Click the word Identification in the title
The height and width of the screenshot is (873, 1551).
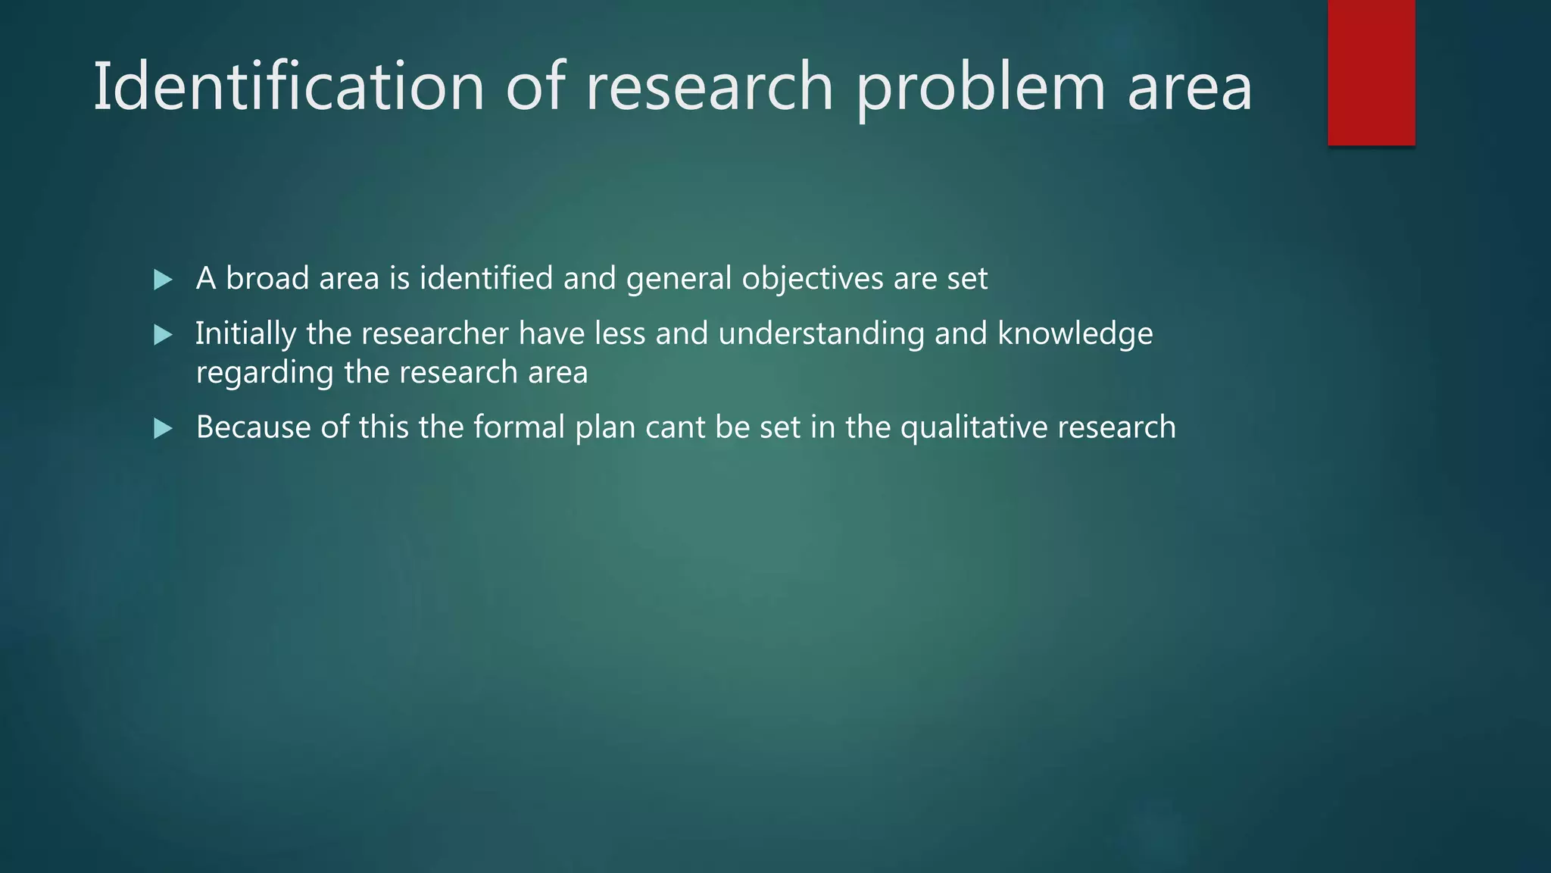coord(289,87)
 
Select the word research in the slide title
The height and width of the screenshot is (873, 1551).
coord(710,87)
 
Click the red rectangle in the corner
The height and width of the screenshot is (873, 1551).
coord(1371,73)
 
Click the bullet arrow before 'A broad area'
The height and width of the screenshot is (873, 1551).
coord(163,280)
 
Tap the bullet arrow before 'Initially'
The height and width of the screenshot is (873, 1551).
coord(163,335)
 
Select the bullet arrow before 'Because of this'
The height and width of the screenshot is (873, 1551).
coord(163,429)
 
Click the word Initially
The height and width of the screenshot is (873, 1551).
coord(245,334)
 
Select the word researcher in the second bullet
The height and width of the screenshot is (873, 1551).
coord(435,333)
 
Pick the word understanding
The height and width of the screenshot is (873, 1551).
coord(821,334)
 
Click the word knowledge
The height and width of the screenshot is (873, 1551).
coord(1075,334)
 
